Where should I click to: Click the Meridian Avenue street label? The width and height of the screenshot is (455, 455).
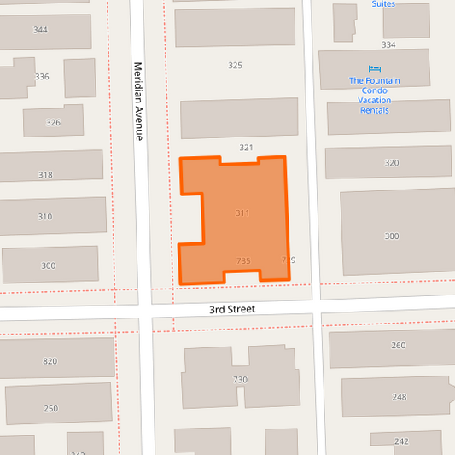137,101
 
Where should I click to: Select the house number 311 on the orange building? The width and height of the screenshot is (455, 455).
242,213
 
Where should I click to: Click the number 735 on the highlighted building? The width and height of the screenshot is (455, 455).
243,260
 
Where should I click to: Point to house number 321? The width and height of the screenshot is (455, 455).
246,148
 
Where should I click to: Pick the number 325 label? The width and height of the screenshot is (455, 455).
236,66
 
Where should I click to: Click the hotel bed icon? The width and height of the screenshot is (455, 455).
374,68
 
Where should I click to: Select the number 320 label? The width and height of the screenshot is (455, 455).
392,163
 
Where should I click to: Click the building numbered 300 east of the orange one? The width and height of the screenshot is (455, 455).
392,236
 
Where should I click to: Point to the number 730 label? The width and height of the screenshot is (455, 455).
240,380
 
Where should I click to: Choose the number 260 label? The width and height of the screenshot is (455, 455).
399,346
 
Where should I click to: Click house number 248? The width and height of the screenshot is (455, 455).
400,397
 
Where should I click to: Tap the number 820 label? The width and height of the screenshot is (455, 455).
50,361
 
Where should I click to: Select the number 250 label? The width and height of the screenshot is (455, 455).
50,409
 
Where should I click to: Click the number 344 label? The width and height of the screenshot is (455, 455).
40,30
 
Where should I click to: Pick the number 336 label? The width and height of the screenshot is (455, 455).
43,77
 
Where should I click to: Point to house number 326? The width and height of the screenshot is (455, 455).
53,123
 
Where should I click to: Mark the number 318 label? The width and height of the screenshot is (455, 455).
45,175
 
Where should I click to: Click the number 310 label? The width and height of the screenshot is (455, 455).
44,217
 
